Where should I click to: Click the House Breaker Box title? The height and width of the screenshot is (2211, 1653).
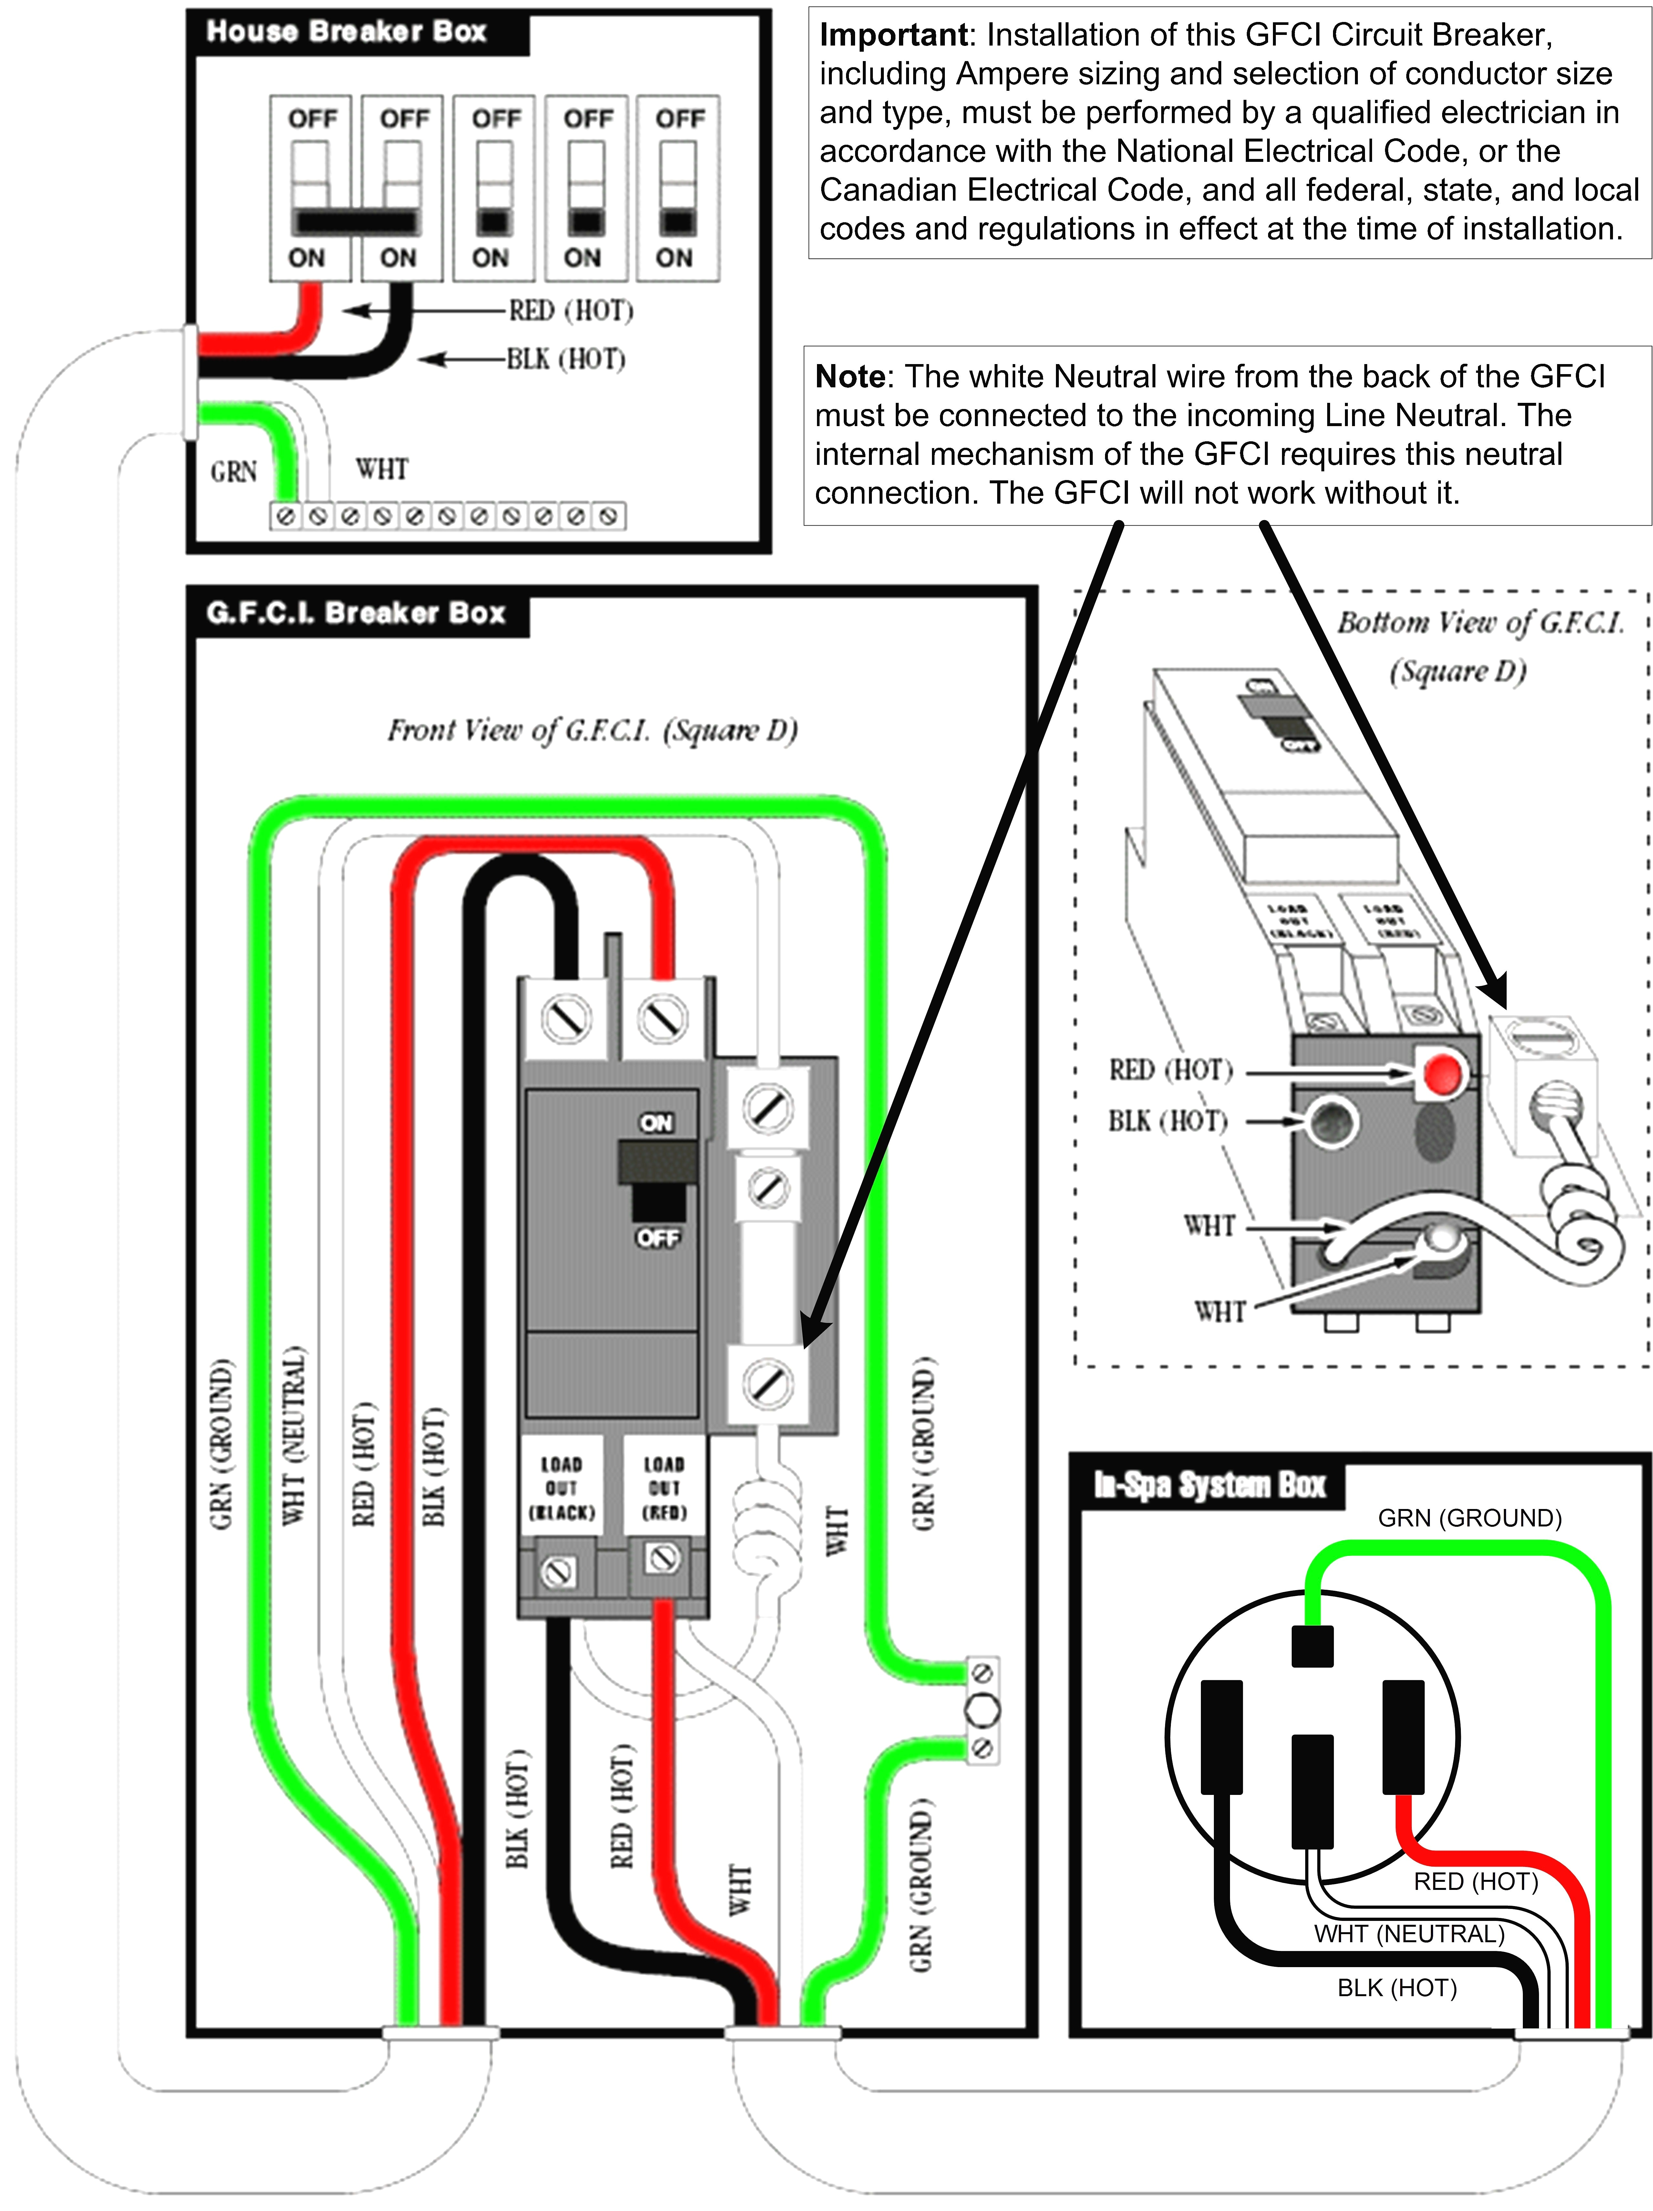coord(345,32)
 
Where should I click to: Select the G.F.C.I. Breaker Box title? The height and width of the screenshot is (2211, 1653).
coord(355,613)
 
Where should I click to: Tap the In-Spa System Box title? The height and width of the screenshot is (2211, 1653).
coord(1209,1485)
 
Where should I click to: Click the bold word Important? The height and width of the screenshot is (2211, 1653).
coord(893,35)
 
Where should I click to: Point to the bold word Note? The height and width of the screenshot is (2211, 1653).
coord(850,377)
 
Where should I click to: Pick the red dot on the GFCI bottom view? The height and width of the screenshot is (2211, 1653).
coord(1440,1074)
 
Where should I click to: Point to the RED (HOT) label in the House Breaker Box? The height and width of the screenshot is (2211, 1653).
coord(571,311)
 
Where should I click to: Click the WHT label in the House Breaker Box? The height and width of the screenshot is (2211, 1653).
coord(382,469)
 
